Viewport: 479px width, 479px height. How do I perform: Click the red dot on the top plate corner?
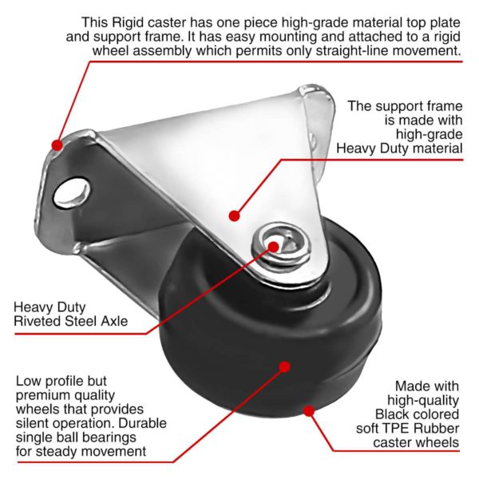57,145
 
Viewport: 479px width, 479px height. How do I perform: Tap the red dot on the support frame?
234,216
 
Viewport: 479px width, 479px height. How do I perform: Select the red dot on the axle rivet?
274,247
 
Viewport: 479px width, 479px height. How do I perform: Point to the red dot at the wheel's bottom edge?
309,411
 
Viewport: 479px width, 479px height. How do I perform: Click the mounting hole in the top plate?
72,192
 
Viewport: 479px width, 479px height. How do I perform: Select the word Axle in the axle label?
114,321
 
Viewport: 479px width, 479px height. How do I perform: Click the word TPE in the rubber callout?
392,428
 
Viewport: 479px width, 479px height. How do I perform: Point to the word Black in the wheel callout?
393,414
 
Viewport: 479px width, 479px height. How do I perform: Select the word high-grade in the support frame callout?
430,134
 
